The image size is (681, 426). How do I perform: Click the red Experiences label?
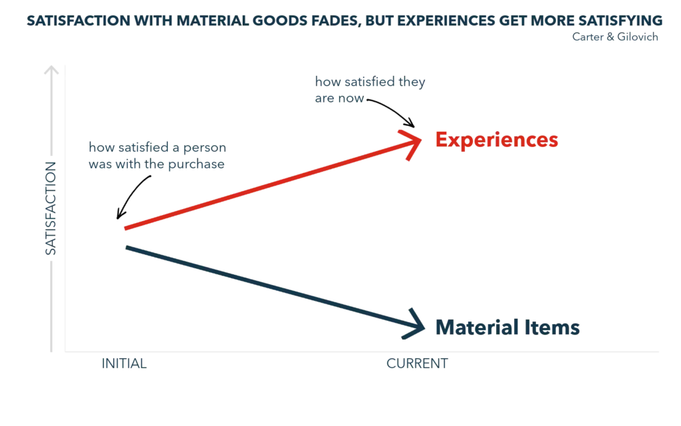tap(495, 140)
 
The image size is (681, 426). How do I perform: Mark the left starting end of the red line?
tap(126, 230)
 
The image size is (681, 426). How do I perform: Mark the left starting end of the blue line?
tap(126, 246)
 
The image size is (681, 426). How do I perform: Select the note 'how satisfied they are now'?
tap(369, 91)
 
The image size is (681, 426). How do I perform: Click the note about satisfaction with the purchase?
tap(157, 156)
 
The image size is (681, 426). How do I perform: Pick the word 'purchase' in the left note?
tap(205, 164)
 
